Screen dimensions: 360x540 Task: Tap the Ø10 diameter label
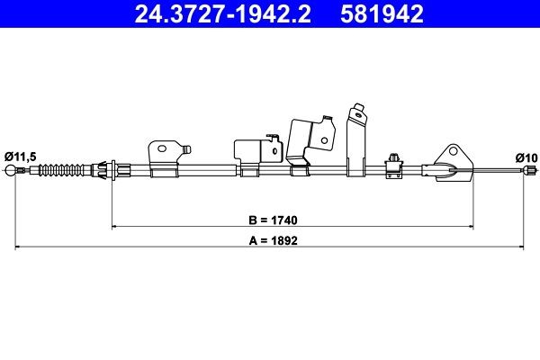click(x=526, y=157)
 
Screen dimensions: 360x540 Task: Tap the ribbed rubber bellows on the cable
click(x=61, y=168)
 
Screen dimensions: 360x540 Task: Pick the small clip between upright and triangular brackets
click(x=394, y=161)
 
